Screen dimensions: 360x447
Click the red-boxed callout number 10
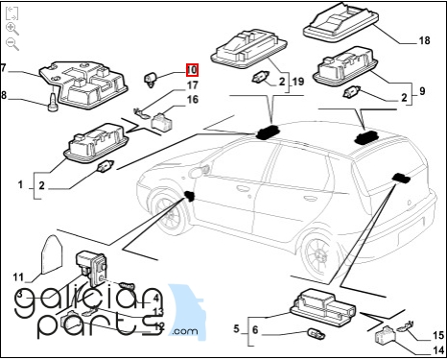coord(192,70)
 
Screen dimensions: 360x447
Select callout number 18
coord(424,41)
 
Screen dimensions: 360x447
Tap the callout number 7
coord(4,68)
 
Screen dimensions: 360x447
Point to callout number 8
coord(4,95)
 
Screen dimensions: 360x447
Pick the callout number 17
coord(192,86)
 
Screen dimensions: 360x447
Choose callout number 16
coord(192,100)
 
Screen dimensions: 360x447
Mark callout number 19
coord(298,83)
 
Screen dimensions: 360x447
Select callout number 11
coord(18,277)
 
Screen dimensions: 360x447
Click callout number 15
coord(438,335)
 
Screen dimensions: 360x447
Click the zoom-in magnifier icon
coord(12,29)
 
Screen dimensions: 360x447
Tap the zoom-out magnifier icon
coord(12,44)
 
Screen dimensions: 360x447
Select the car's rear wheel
coord(316,253)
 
